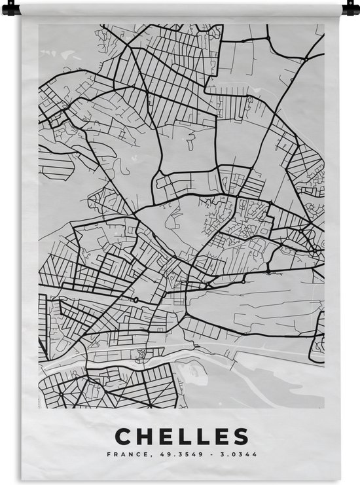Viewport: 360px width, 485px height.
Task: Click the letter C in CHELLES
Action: (x=123, y=436)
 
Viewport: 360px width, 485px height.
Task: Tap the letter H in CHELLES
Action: (x=145, y=436)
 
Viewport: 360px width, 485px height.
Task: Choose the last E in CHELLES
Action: (x=222, y=436)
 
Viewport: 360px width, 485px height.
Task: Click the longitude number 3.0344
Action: (x=240, y=454)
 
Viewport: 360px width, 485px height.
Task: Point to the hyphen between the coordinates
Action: (x=210, y=454)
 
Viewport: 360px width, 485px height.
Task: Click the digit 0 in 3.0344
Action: (x=232, y=454)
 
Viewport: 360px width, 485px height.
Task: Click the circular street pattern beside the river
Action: (x=139, y=353)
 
